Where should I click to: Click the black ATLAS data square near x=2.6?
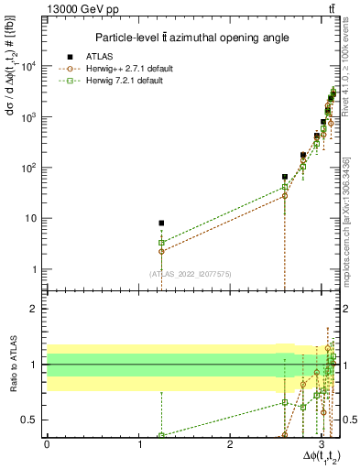pos(285,177)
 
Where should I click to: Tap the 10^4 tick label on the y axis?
pos(28,67)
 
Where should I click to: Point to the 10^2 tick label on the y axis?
pos(28,169)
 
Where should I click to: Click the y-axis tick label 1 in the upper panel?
pos(35,269)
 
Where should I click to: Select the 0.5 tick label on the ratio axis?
pos(30,420)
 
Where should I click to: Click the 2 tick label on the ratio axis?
pos(35,309)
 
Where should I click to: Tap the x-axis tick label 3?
pos(322,443)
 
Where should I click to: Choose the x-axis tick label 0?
pos(47,443)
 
